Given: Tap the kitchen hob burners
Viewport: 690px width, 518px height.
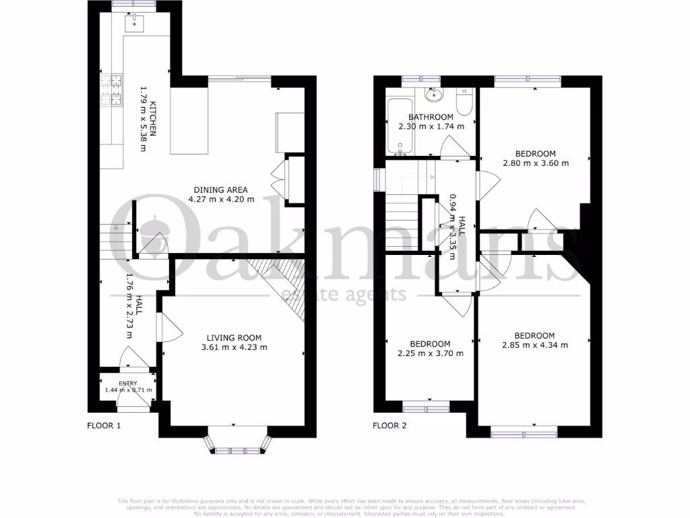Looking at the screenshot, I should [x=113, y=91].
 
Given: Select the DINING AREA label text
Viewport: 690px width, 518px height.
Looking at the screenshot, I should [x=221, y=190].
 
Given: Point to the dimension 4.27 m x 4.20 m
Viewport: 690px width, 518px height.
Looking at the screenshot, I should [x=221, y=199].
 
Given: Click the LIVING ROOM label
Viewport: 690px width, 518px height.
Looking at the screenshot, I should [x=234, y=338].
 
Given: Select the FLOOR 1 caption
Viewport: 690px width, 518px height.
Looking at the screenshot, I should [x=104, y=426].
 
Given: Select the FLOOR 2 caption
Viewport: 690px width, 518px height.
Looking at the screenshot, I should [x=390, y=426].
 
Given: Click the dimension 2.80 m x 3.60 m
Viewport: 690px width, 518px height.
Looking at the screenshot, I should [x=536, y=163].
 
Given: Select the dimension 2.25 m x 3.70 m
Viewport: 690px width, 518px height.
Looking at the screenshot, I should [x=430, y=353].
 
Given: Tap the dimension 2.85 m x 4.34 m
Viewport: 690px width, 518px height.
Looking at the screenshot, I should [x=534, y=345].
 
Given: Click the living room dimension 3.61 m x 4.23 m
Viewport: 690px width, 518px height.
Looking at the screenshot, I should [x=234, y=347].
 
